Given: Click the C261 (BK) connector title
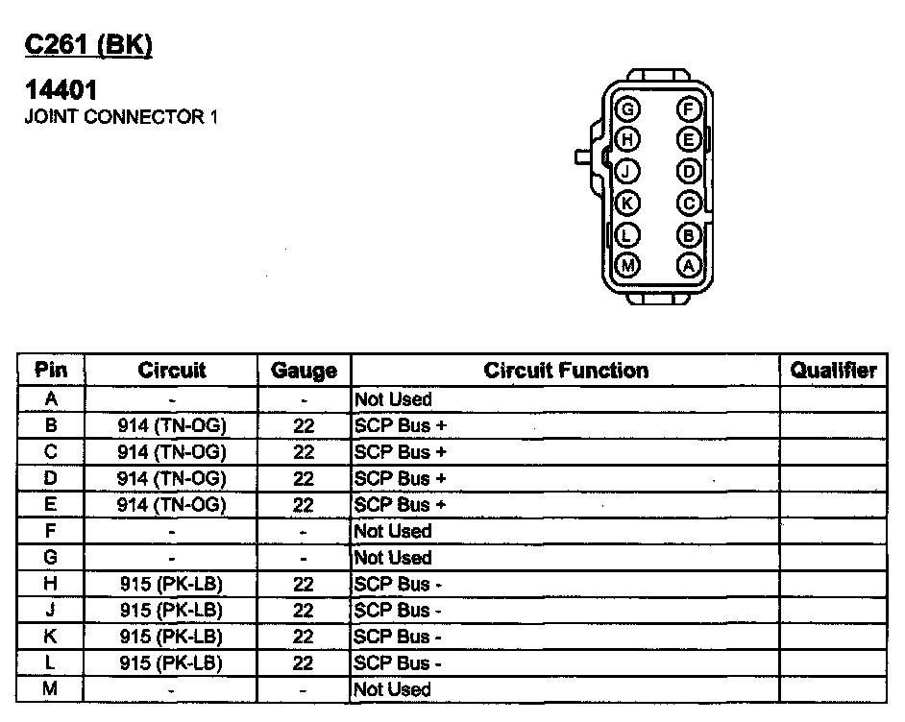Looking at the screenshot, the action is [88, 45].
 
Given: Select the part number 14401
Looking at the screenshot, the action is [61, 92].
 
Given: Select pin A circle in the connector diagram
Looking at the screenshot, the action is [689, 266].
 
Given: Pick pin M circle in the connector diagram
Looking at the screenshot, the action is [627, 266].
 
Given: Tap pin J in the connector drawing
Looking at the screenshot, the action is [627, 172].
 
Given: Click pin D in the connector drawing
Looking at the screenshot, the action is [689, 172].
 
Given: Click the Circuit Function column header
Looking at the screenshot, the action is [565, 371].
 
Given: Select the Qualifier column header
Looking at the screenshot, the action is [833, 371].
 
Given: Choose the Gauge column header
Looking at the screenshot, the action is [304, 371].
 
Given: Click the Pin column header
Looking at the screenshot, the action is [51, 371].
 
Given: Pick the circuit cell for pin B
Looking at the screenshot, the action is [171, 425].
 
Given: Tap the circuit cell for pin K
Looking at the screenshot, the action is [171, 637].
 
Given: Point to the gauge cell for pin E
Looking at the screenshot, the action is [304, 505].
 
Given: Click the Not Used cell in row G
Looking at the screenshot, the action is [394, 558].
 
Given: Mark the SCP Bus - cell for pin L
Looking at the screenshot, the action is [398, 663].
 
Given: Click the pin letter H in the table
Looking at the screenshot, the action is [51, 584].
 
